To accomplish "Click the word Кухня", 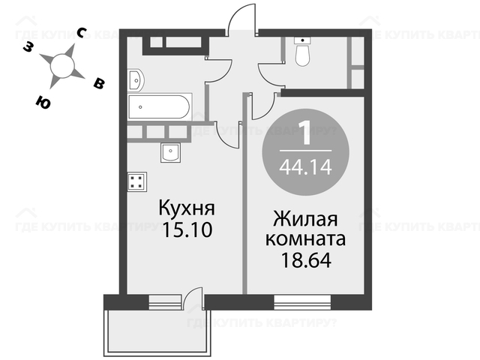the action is click(187, 208).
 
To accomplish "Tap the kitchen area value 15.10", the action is click(187, 229).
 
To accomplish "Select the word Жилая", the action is click(305, 219).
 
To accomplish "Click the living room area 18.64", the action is click(306, 260).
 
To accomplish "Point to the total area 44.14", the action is click(305, 167).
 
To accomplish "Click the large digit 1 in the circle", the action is click(306, 133).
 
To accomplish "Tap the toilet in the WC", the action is click(302, 51).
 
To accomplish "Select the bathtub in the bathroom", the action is click(160, 106).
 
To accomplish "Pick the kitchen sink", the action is click(170, 152).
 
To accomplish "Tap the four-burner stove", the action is click(137, 181).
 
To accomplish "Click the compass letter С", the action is click(82, 32).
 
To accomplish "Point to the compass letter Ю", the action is click(43, 102).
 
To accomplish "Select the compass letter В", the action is click(99, 83).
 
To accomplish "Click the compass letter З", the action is click(28, 46).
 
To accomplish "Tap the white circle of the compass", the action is click(62, 66).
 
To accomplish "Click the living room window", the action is click(302, 302).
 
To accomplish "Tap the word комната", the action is click(305, 239).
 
